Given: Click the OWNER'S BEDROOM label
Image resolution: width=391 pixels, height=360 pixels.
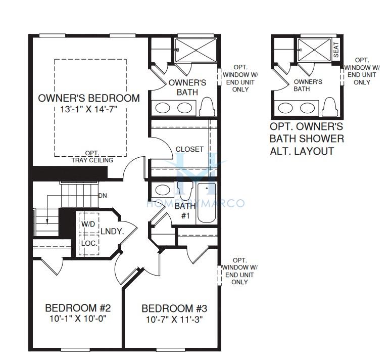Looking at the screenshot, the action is pyautogui.click(x=89, y=98).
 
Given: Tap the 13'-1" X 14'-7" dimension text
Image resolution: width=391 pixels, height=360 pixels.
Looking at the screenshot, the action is pyautogui.click(x=89, y=110).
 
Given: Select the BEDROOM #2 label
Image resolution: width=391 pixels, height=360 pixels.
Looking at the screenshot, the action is pyautogui.click(x=78, y=308).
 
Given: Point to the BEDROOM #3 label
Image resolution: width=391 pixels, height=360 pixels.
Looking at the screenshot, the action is pyautogui.click(x=174, y=308).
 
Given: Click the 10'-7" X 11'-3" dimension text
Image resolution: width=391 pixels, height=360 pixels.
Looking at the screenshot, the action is pyautogui.click(x=174, y=320).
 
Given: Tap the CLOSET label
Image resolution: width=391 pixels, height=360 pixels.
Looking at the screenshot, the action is pyautogui.click(x=189, y=149).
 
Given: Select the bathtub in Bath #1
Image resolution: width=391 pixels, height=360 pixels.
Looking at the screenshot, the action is pyautogui.click(x=207, y=203).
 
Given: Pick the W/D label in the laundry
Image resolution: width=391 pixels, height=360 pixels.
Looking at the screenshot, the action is pyautogui.click(x=88, y=224).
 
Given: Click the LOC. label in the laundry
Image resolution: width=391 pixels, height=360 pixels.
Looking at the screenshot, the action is pyautogui.click(x=89, y=243).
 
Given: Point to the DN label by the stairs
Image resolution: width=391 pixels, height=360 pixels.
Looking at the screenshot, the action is pyautogui.click(x=103, y=196).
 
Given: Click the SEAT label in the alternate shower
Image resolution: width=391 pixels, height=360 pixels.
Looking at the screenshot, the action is pyautogui.click(x=336, y=50).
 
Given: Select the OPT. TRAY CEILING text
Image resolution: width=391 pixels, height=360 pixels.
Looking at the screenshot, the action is pyautogui.click(x=92, y=157).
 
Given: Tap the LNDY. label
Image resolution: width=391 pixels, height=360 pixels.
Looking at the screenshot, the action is pyautogui.click(x=113, y=232).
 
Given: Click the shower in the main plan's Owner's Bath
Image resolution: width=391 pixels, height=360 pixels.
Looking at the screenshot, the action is pyautogui.click(x=196, y=50).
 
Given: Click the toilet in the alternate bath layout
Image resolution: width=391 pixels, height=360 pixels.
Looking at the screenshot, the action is pyautogui.click(x=329, y=107).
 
